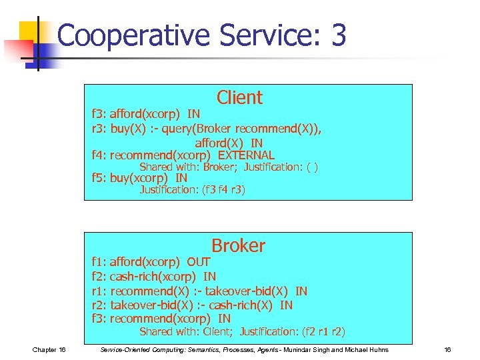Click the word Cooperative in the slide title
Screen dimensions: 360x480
tap(133, 35)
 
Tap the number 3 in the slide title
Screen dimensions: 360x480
tap(338, 35)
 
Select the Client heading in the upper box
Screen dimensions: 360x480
tap(239, 98)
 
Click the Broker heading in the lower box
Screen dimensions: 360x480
tap(238, 246)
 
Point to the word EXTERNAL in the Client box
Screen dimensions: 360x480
tap(246, 155)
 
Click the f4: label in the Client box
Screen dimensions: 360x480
tap(99, 155)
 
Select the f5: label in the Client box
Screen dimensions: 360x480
tap(99, 178)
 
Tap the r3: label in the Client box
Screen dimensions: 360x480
tap(99, 129)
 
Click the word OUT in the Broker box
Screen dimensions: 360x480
tap(199, 262)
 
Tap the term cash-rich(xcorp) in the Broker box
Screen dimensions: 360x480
tap(153, 276)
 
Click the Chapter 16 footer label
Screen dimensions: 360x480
tap(49, 350)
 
